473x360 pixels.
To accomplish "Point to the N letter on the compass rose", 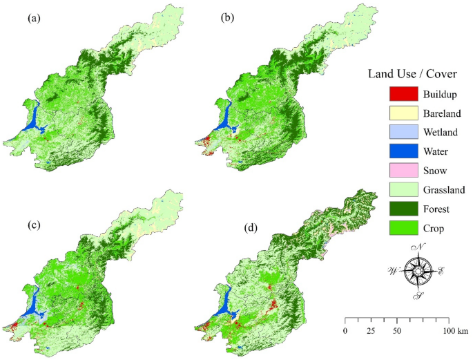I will click(419, 248).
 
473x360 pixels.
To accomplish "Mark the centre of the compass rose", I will click(418, 272).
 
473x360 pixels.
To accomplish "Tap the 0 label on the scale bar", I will click(345, 331).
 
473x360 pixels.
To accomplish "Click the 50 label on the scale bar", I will click(396, 331).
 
